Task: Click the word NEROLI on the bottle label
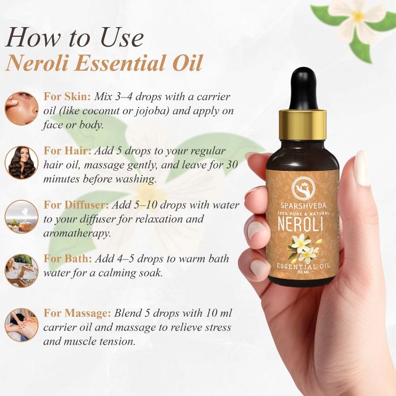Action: (x=300, y=223)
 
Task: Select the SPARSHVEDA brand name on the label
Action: (x=303, y=206)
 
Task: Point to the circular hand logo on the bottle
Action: (x=304, y=189)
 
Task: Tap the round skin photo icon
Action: (x=21, y=109)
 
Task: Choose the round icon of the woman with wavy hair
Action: (x=21, y=162)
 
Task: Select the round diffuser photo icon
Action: (x=21, y=217)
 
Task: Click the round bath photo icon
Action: (x=21, y=270)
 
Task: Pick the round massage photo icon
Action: (x=21, y=325)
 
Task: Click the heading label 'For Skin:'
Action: (x=67, y=97)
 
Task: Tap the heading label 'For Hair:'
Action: (x=67, y=151)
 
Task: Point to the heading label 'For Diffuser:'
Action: (x=76, y=205)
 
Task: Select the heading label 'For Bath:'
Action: (x=68, y=259)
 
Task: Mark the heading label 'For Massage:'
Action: (x=78, y=313)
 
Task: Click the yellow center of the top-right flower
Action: (x=358, y=16)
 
